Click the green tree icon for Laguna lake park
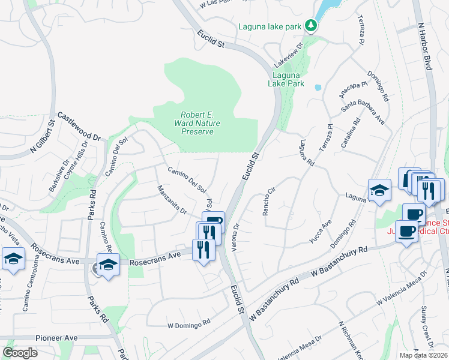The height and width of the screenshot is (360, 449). [x=311, y=25]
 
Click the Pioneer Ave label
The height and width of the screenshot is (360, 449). [x=56, y=338]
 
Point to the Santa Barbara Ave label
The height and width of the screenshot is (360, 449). [x=363, y=112]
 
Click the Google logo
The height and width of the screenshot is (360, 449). [x=20, y=353]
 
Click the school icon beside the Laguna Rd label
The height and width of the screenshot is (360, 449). [x=379, y=191]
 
